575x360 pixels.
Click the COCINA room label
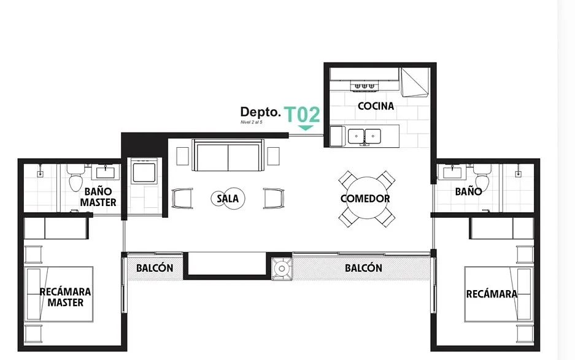coord(376,106)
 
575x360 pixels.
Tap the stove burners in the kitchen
coord(364,86)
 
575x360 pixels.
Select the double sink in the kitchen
coord(364,136)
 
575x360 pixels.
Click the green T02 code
coord(303,115)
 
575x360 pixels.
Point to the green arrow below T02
coord(306,128)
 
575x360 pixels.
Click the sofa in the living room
coord(228,155)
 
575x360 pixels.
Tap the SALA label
coord(227,198)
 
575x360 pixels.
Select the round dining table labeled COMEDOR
coord(366,198)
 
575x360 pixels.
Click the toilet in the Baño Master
coord(76,178)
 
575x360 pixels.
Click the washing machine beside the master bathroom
coord(144,171)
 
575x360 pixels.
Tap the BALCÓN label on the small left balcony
coord(155,268)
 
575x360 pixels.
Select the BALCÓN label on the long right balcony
coord(363,268)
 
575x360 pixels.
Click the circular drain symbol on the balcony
coord(282,269)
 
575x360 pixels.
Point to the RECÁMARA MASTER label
coord(65,297)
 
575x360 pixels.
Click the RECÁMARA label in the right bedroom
coord(492,294)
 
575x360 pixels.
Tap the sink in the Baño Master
coord(106,172)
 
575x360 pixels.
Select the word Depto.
coord(260,112)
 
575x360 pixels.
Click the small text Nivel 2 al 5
coord(251,122)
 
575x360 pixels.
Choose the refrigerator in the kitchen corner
coord(414,82)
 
